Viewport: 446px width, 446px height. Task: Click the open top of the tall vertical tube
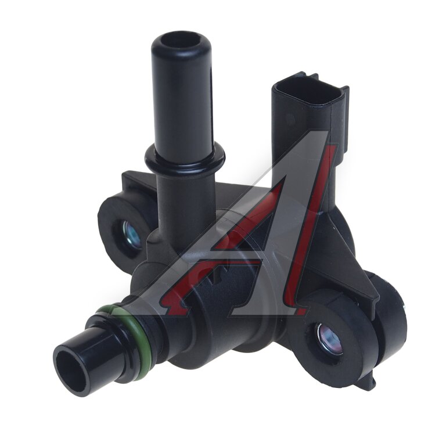tap(181, 42)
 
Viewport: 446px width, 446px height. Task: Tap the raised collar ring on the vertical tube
tap(185, 158)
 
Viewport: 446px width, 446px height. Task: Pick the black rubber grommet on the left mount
tap(125, 228)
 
